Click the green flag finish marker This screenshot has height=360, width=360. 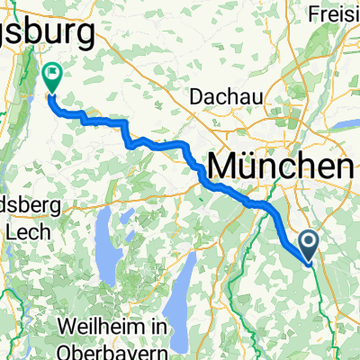click(x=51, y=76)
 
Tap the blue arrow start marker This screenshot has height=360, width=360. click(x=308, y=245)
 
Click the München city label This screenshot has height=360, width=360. click(x=280, y=166)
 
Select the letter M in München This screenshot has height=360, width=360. click(x=224, y=166)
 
